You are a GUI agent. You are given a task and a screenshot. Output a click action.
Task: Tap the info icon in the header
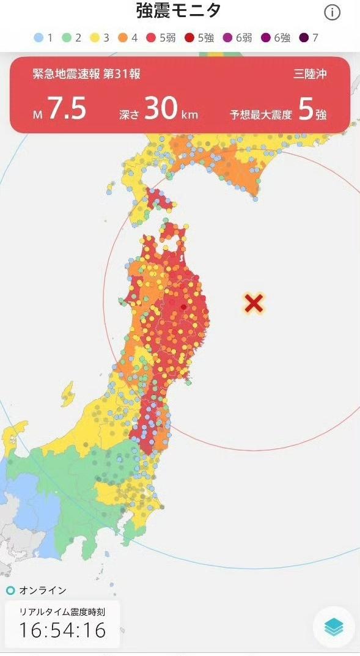(332, 13)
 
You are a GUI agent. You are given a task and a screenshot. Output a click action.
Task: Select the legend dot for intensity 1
(39, 38)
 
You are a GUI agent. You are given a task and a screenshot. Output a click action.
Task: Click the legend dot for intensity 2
(67, 38)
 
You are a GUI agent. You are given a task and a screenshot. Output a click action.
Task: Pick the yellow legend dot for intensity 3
(95, 38)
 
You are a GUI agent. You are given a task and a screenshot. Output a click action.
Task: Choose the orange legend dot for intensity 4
(123, 38)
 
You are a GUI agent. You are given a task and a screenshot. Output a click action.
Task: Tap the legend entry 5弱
(159, 38)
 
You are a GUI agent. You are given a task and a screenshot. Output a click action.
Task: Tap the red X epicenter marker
(254, 303)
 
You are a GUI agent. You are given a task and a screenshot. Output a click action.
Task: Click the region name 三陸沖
(310, 75)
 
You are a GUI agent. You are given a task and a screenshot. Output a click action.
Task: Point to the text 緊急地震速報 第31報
(86, 75)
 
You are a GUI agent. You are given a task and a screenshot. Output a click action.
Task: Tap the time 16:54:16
(62, 629)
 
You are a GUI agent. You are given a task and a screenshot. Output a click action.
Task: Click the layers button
(334, 627)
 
